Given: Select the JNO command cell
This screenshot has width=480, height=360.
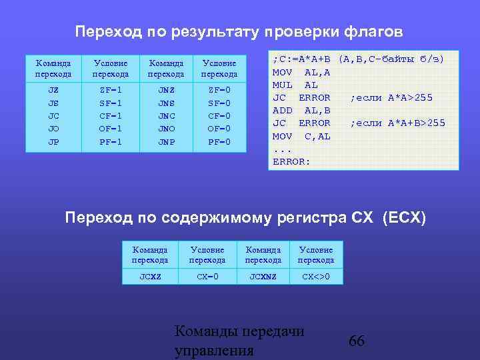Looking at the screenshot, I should (166, 129).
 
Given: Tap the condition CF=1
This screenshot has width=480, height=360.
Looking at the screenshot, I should (110, 116).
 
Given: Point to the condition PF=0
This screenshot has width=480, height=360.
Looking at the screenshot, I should (219, 141).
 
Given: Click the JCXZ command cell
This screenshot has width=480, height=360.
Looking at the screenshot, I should (150, 276).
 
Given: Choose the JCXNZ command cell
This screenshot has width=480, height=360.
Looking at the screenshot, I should (263, 276).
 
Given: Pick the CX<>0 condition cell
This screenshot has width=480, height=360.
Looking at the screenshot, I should (315, 276).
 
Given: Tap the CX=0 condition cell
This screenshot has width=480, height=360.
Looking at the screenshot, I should (207, 276).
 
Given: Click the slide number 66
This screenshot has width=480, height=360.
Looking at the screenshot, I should (357, 341).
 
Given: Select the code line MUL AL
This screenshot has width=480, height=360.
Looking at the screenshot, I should (295, 85).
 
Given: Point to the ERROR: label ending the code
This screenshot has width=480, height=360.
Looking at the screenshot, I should (292, 161).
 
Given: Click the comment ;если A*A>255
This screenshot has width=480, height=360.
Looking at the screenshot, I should (391, 98).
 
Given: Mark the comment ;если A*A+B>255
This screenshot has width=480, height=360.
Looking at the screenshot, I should (397, 123).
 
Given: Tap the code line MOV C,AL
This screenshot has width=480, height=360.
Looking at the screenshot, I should (301, 136).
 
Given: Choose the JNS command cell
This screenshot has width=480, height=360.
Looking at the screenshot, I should (166, 103).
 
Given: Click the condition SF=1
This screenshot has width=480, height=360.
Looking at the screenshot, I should (110, 103).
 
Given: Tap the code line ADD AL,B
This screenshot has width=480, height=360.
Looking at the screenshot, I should (301, 111).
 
